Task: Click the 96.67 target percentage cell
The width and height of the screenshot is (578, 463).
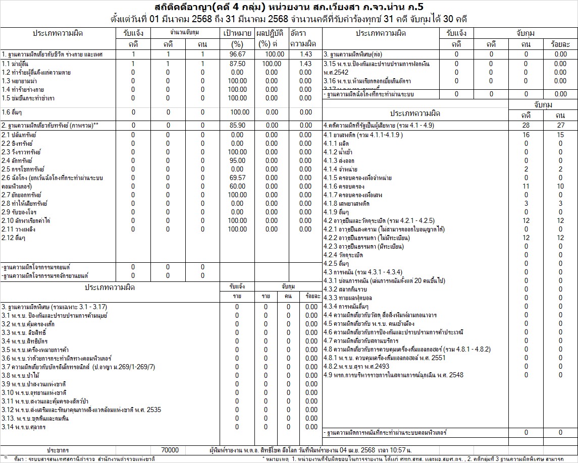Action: click(x=237, y=54)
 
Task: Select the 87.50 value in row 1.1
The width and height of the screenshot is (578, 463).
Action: click(x=237, y=64)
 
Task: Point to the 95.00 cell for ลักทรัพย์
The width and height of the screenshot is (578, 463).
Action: click(x=237, y=161)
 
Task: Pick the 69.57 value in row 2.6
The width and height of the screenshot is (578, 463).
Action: click(x=237, y=178)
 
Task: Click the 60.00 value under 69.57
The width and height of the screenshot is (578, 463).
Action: click(x=237, y=187)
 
